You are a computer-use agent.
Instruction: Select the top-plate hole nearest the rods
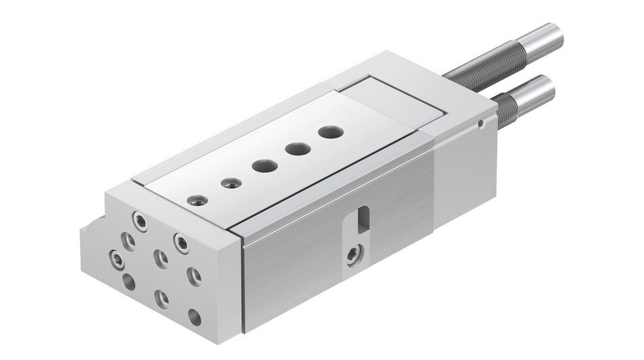click(330, 133)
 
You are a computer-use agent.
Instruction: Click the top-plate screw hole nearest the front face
click(198, 201)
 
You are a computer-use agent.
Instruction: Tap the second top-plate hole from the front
click(229, 184)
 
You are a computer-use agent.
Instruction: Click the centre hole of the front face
click(161, 258)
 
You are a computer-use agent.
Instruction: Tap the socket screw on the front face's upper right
click(182, 242)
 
